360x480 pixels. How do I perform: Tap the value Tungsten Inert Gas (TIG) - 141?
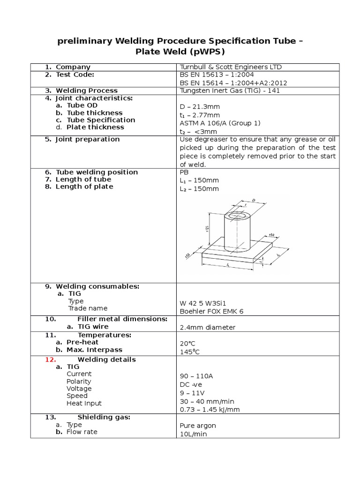tap(230, 90)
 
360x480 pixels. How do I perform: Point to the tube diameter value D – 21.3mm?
tap(200, 107)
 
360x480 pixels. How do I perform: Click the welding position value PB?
tap(184, 172)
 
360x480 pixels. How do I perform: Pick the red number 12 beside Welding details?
tap(50, 360)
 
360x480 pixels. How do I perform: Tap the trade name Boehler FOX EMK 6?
tap(212, 311)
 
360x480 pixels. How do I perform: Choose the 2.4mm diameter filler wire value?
tap(208, 327)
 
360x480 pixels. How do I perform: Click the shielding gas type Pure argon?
tap(198, 426)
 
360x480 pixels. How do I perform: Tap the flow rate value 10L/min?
tap(193, 435)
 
